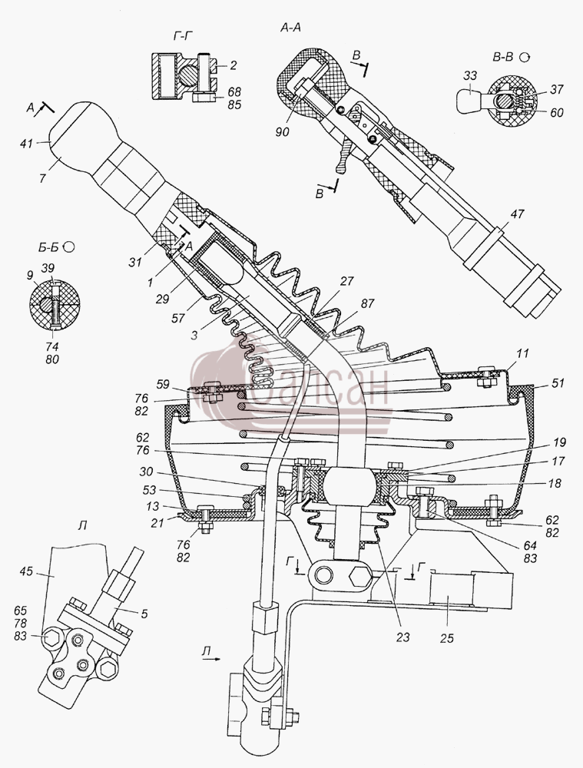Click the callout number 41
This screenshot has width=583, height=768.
point(26,144)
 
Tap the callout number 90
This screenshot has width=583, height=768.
point(282,132)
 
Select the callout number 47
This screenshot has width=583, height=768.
point(517,214)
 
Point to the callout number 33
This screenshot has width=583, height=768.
point(470,75)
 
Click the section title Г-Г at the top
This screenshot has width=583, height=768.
point(182,36)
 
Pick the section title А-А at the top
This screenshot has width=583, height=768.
point(290,28)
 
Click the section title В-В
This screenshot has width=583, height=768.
point(502,58)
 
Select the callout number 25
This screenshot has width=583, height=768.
point(447,638)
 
